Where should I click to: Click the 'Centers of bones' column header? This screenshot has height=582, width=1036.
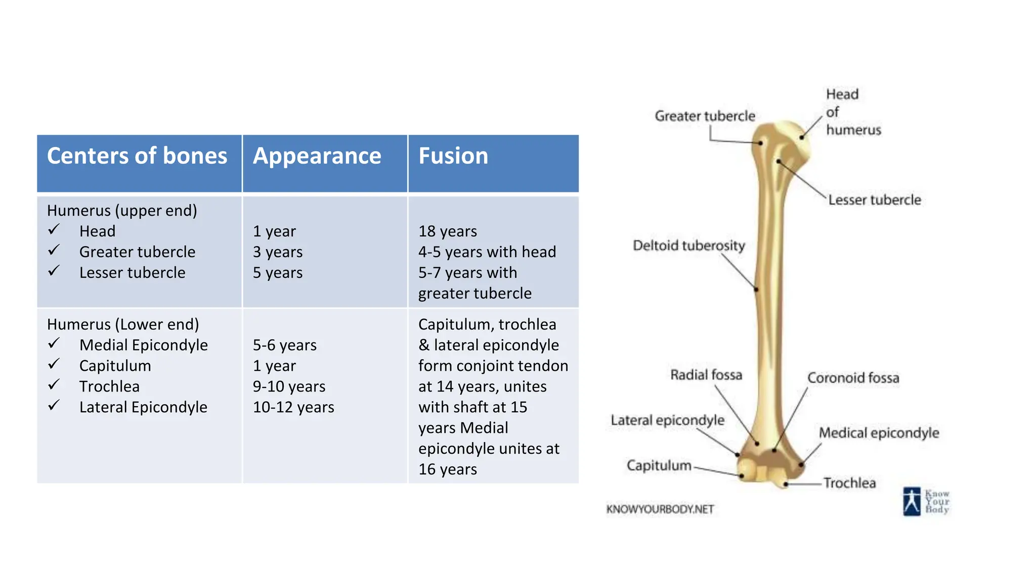[137, 156]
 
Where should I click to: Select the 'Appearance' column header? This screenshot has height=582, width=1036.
[317, 156]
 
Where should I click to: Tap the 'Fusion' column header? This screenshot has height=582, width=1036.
[453, 156]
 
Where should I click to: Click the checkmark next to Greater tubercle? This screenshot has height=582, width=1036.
[54, 251]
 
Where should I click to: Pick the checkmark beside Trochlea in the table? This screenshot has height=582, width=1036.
[54, 385]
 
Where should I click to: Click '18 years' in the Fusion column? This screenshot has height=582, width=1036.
[447, 231]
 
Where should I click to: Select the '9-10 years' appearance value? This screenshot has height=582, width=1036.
[289, 386]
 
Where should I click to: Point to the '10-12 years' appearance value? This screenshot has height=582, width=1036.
[293, 407]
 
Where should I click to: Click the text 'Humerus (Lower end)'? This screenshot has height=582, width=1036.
[123, 324]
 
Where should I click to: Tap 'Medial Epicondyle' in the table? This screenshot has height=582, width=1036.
[143, 345]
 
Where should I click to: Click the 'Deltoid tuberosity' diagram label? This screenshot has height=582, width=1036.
[688, 246]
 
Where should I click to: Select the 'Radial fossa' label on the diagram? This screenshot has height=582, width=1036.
[706, 375]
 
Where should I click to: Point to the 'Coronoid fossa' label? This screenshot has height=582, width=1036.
[853, 378]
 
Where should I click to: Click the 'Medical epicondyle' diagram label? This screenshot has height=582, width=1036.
[879, 433]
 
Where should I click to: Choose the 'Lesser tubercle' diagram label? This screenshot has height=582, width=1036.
[874, 200]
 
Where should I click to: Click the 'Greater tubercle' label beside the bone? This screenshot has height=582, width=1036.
[705, 116]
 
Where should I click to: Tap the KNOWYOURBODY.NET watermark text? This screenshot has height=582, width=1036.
[660, 509]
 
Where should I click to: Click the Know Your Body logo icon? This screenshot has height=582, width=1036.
[912, 501]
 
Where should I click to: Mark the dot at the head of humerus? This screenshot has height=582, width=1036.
[802, 137]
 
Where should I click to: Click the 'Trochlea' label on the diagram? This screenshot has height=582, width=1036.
[849, 483]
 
